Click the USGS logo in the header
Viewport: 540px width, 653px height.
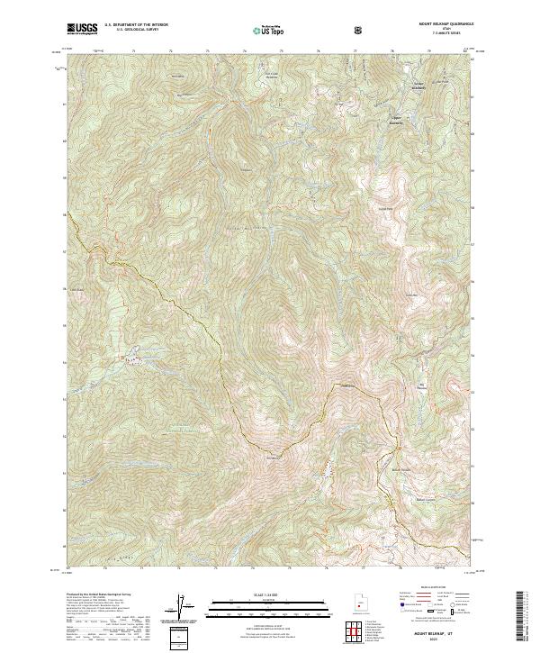point(81,30)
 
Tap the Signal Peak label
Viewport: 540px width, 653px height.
point(385,208)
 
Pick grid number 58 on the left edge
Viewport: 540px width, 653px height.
point(63,215)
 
